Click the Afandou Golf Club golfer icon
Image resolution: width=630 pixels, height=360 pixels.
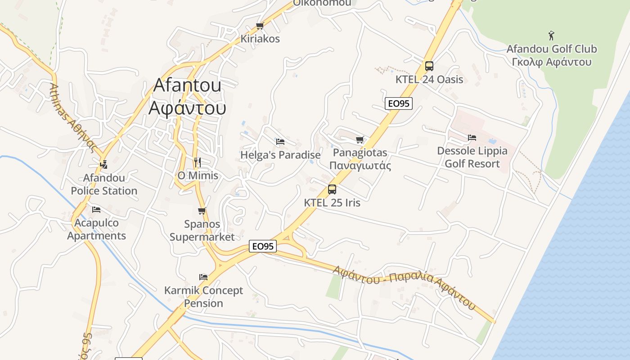pos(551,36)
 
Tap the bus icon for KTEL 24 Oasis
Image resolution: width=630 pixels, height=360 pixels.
pos(429,66)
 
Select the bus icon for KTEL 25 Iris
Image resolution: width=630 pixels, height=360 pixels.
pos(332,189)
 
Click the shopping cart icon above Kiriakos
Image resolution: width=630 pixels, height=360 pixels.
pos(260,26)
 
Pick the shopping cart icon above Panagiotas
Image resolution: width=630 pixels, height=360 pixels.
pos(360,140)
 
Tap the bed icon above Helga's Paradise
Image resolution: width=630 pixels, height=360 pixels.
pos(280,142)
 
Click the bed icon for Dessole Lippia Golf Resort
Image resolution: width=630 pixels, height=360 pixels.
pos(472,138)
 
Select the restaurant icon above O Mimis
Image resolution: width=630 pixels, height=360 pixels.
pos(197,162)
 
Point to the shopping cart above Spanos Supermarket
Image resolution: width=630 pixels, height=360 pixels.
pos(202,211)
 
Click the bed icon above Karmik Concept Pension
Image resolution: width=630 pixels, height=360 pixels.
pos(203,277)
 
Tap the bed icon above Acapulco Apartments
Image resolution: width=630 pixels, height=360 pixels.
pos(96,209)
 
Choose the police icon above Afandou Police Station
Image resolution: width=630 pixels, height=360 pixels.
pos(104,164)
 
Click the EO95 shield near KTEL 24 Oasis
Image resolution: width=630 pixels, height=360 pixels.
pos(399,103)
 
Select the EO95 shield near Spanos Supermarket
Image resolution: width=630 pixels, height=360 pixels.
pos(263,246)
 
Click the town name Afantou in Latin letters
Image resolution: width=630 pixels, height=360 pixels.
pos(187,85)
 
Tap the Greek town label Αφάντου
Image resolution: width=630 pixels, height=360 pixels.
pos(187,108)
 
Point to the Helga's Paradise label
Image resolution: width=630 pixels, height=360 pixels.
pos(280,155)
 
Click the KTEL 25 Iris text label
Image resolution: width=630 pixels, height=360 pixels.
pos(332,202)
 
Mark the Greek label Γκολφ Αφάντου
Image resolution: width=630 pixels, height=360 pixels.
pos(551,62)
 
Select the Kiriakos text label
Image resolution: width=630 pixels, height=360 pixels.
pos(260,39)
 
